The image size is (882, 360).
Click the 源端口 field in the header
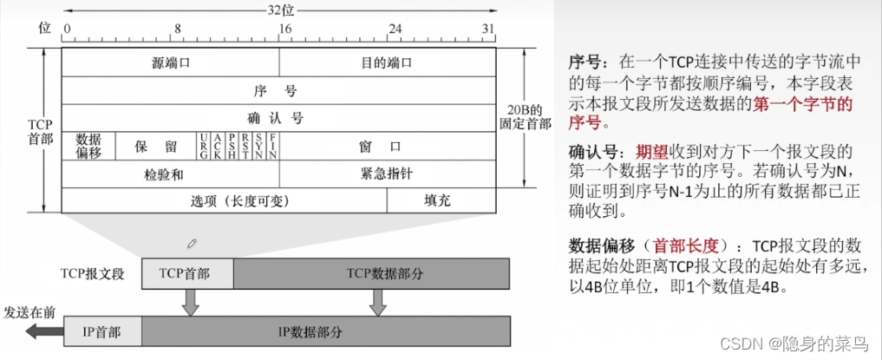(171, 62)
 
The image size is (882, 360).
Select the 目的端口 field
(386, 62)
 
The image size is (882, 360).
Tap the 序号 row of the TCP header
(278, 89)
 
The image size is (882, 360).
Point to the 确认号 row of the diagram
(278, 117)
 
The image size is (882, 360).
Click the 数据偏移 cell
(88, 146)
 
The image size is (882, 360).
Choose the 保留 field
(156, 146)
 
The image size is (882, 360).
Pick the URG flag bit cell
(203, 146)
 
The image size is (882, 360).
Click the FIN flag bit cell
(272, 146)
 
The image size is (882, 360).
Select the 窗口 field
(386, 146)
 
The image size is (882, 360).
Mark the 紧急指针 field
(386, 173)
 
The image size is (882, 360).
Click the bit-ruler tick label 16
(283, 28)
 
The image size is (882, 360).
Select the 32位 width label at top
(279, 9)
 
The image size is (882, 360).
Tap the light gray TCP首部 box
(187, 272)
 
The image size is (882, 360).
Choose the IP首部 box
(101, 331)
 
